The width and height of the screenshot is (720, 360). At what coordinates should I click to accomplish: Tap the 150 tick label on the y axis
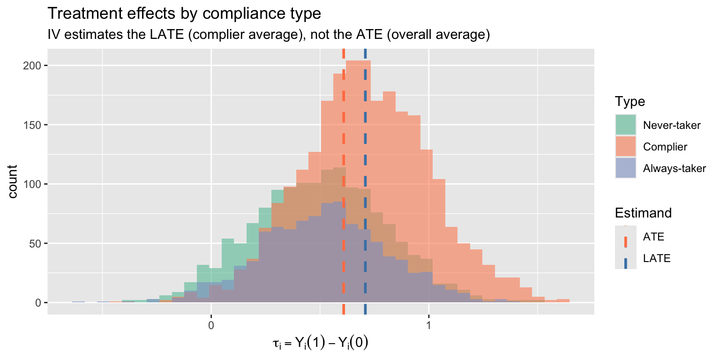(x=35, y=125)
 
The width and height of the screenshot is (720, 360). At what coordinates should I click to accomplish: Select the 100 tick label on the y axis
(x=35, y=184)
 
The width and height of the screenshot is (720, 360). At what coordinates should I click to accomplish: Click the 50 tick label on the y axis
(x=37, y=244)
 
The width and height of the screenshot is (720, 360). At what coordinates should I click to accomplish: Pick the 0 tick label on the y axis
(x=39, y=303)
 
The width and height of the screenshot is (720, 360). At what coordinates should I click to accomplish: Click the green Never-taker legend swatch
(x=626, y=125)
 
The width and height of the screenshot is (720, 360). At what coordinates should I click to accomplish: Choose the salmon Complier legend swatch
(x=626, y=147)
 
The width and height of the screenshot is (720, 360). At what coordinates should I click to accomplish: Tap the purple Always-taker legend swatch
(x=626, y=168)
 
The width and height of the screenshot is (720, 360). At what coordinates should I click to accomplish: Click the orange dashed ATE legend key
(x=626, y=237)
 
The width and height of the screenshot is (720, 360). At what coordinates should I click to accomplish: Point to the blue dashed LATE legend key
(x=626, y=258)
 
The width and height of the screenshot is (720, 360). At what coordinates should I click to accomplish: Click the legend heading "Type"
(x=630, y=102)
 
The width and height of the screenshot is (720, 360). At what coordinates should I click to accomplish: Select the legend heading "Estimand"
(x=643, y=213)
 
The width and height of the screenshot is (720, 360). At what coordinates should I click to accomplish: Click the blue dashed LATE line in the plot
(x=365, y=141)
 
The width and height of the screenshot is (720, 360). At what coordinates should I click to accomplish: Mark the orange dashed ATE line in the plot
(x=344, y=141)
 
